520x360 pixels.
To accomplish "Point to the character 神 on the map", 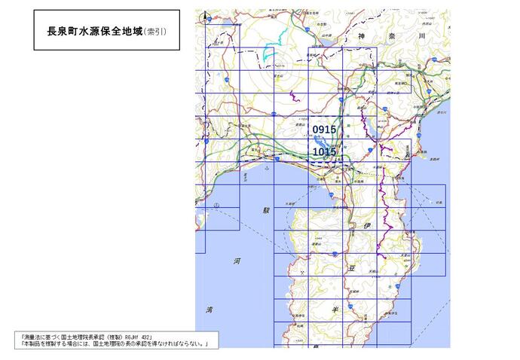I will click(361, 35).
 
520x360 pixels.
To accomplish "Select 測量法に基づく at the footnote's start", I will click(45, 337).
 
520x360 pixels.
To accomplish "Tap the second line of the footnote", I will click(113, 344).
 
